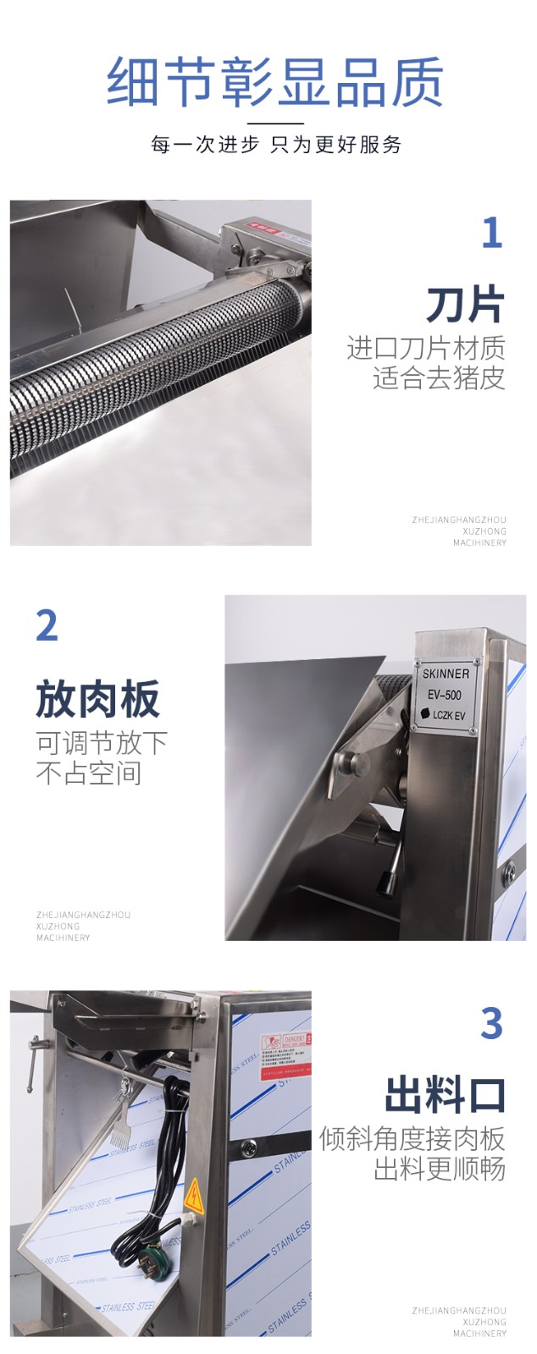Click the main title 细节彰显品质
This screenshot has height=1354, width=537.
point(274,82)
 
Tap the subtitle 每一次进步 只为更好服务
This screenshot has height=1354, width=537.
point(275,145)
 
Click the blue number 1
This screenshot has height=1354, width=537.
point(491,233)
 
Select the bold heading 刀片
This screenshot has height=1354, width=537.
point(465,305)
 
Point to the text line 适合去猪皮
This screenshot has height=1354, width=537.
point(438,377)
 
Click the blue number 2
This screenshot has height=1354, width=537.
point(47,625)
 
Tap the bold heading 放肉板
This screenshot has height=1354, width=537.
point(97,699)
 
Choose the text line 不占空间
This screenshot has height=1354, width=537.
point(88,773)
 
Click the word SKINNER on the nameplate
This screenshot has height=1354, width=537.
point(446,674)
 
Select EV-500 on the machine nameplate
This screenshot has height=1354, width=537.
point(444,695)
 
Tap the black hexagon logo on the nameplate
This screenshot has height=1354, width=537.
point(426,713)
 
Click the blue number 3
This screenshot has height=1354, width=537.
point(491,1024)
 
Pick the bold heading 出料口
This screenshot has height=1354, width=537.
point(445,1095)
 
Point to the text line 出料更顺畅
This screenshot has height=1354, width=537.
point(439,1169)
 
